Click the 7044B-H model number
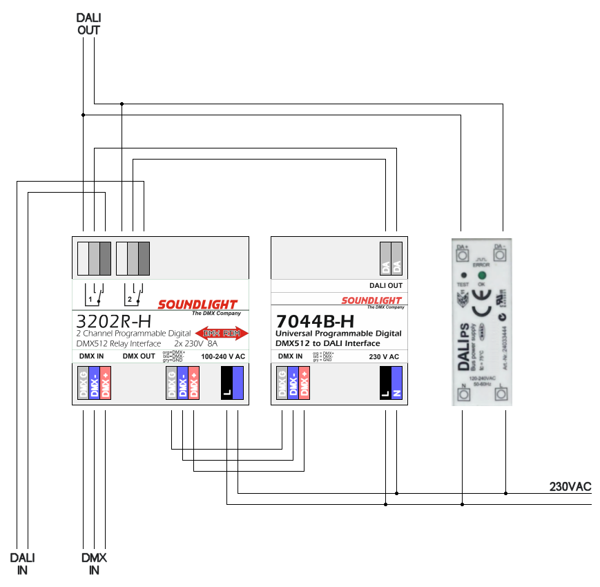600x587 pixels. (x=315, y=321)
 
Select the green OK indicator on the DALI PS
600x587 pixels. (x=482, y=275)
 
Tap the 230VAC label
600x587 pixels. (x=570, y=487)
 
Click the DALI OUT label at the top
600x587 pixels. (x=88, y=24)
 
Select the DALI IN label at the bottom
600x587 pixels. (x=22, y=564)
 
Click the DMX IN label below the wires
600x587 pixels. (x=94, y=564)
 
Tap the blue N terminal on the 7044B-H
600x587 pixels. (x=396, y=383)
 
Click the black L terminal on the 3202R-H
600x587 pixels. (x=226, y=383)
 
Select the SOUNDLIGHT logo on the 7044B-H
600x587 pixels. (x=371, y=301)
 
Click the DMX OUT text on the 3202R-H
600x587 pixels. (x=139, y=356)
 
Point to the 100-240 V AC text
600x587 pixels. (x=222, y=356)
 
